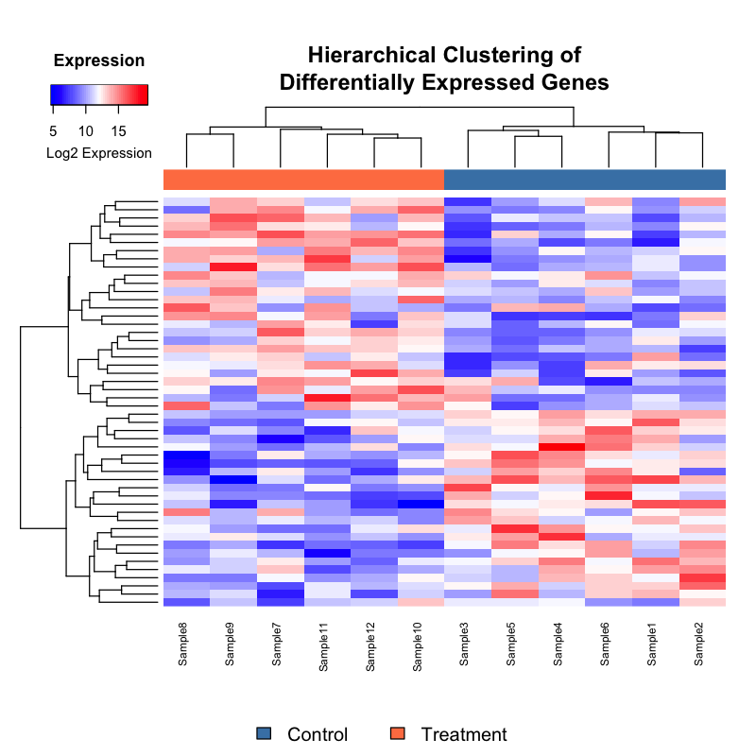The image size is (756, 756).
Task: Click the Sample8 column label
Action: [183, 644]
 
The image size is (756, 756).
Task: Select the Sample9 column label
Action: [231, 644]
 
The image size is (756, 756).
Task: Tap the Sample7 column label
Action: [277, 644]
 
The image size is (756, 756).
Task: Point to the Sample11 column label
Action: [324, 646]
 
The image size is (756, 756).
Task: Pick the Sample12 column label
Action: [371, 646]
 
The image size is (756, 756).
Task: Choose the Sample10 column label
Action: [418, 646]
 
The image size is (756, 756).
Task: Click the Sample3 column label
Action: [465, 644]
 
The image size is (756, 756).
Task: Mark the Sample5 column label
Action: [512, 644]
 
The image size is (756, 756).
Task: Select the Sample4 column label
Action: [558, 644]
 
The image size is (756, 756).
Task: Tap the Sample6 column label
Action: [606, 644]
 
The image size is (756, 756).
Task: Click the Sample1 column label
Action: [653, 644]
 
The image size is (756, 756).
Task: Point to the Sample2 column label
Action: [699, 644]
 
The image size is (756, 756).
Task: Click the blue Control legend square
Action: [264, 734]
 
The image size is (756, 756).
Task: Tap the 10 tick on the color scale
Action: [85, 130]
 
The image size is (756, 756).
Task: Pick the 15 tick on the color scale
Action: [118, 130]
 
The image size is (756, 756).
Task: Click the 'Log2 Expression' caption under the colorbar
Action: [98, 153]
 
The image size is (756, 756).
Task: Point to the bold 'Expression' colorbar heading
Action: [99, 61]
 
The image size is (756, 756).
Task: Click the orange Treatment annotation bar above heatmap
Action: [303, 180]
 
